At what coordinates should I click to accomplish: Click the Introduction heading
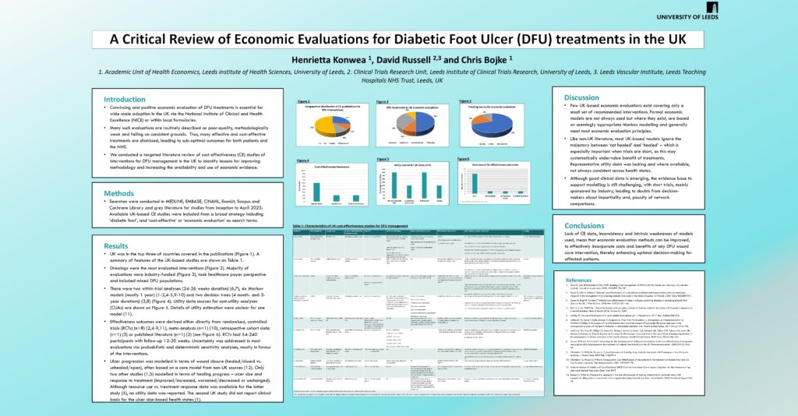(125, 99)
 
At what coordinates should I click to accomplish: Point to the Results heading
(116, 245)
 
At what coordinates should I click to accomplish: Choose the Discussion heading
(581, 97)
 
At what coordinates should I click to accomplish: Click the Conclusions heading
(585, 225)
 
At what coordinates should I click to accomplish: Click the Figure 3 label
(465, 101)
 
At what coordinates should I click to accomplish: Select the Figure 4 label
(303, 160)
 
